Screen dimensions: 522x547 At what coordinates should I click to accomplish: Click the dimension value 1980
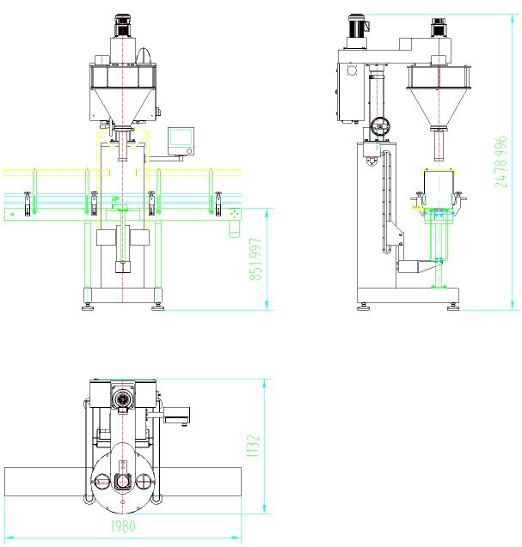point(123,526)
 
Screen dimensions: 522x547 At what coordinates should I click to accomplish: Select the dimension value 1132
point(254,446)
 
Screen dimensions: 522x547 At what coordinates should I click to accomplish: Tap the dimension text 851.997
point(255,258)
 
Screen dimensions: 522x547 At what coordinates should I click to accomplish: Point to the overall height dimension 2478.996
point(501,161)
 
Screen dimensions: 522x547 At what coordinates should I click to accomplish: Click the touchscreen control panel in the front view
point(181,141)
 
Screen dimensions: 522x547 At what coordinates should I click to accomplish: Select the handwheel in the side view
point(379,126)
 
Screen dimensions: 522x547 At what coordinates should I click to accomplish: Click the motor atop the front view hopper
point(123,26)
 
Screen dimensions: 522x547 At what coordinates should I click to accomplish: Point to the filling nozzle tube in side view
point(439,145)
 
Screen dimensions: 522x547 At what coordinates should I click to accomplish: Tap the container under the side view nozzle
point(439,188)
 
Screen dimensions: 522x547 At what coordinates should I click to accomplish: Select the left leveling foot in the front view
point(88,307)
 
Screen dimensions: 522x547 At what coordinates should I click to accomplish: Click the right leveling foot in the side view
point(453,307)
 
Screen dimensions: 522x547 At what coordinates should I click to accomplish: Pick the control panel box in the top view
point(177,415)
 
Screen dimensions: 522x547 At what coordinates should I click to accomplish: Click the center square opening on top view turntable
point(123,482)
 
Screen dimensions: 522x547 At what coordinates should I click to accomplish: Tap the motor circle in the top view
point(123,398)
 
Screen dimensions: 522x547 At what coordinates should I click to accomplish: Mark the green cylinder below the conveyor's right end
point(234,228)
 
